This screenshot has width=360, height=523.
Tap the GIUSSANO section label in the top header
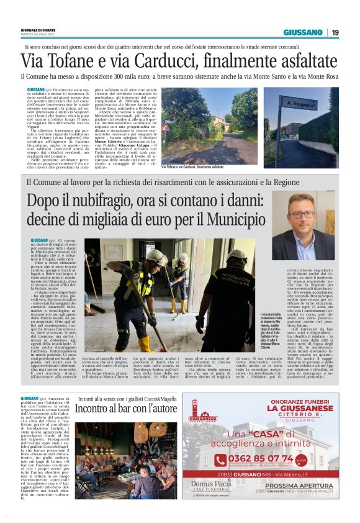(x=303, y=32)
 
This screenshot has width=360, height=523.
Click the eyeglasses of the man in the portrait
(x=302, y=214)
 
